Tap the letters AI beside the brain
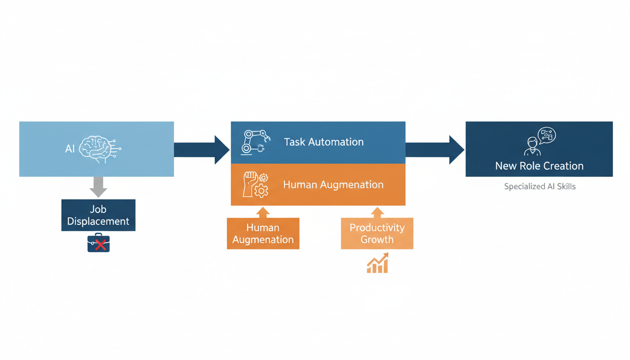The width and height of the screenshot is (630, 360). (70, 149)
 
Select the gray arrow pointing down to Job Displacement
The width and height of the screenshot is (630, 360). (98, 187)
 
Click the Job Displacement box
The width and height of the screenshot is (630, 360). (98, 215)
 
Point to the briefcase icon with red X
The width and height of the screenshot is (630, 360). (98, 243)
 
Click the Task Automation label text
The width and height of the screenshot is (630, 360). (323, 142)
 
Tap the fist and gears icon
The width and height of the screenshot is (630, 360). (255, 184)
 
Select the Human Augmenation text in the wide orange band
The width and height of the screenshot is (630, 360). (333, 185)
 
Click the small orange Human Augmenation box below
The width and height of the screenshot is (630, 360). (263, 233)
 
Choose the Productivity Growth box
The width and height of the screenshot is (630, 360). (377, 233)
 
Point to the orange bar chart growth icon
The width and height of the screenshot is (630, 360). (377, 263)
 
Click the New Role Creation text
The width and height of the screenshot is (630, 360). (539, 166)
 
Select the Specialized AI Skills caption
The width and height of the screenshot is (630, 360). (540, 187)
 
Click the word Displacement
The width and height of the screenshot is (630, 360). (98, 221)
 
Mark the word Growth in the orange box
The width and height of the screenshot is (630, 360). (377, 240)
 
